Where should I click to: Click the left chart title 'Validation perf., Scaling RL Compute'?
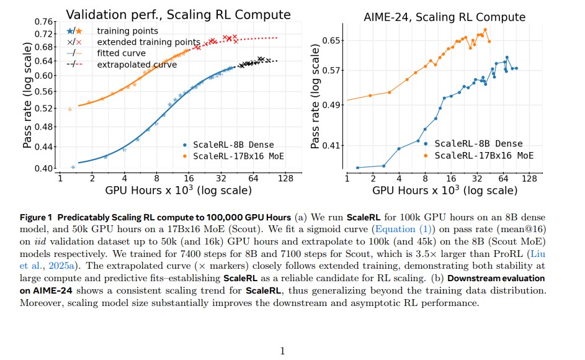(x=178, y=14)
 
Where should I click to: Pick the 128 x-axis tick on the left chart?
(x=285, y=179)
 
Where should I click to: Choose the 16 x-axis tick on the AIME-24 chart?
(x=452, y=179)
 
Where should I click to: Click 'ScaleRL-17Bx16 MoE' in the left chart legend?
(x=238, y=156)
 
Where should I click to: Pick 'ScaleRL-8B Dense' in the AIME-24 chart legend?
(x=478, y=144)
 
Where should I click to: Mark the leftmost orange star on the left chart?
(x=70, y=109)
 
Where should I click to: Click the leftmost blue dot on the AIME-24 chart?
(x=358, y=168)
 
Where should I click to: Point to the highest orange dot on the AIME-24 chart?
(x=485, y=29)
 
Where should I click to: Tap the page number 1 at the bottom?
(x=282, y=351)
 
